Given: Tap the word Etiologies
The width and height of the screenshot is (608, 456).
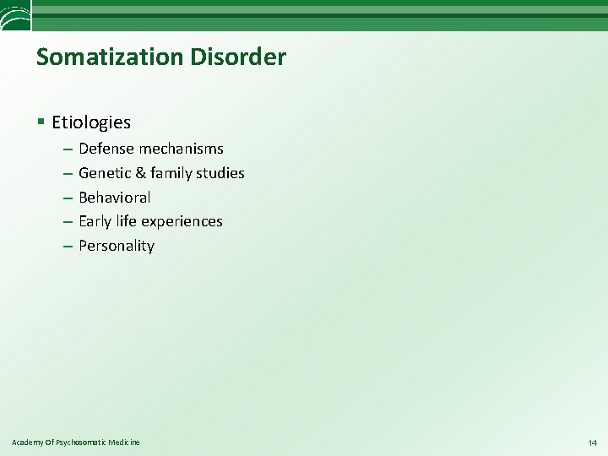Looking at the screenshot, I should point(91,122).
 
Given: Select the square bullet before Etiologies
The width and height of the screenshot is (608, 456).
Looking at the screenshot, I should point(41,122).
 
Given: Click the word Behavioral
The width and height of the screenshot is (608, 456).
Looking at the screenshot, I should point(115,198).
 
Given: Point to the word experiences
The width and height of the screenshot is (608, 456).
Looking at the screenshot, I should point(182,221).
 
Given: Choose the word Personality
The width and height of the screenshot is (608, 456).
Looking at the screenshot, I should point(117,247).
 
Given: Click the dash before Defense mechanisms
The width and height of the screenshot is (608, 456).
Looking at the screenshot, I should point(67,149).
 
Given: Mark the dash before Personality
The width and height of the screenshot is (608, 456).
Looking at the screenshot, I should point(67,247).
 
